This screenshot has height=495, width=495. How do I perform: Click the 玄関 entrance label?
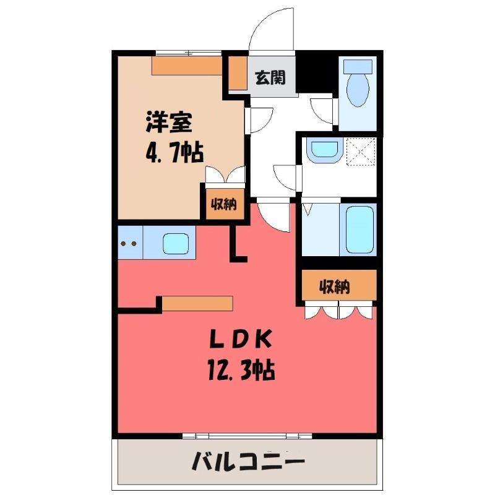pos(270,78)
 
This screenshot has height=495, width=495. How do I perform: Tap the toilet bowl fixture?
pos(358,90)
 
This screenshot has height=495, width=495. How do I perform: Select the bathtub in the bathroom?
pos(359,230)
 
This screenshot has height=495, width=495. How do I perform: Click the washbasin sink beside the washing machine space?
pos(324,150)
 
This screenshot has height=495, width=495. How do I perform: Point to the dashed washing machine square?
pos(361,151)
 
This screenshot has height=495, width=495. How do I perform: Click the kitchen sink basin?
pos(176,243)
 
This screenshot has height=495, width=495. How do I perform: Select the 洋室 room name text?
pos(169,122)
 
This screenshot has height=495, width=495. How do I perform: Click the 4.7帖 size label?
pos(174,152)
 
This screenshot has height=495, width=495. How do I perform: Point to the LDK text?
pos(241,339)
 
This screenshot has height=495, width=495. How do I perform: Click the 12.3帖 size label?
pos(241,369)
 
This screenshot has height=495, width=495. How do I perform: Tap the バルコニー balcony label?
pos(248,462)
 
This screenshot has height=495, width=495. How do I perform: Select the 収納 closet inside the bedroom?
pos(225,204)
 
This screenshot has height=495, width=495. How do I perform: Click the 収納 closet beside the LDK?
pos(339,285)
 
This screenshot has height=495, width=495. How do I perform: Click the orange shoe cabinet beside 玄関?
pos(238,73)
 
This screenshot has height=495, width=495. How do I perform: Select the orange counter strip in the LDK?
pos(197,303)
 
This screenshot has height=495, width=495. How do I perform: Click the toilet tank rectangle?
pos(358,66)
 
